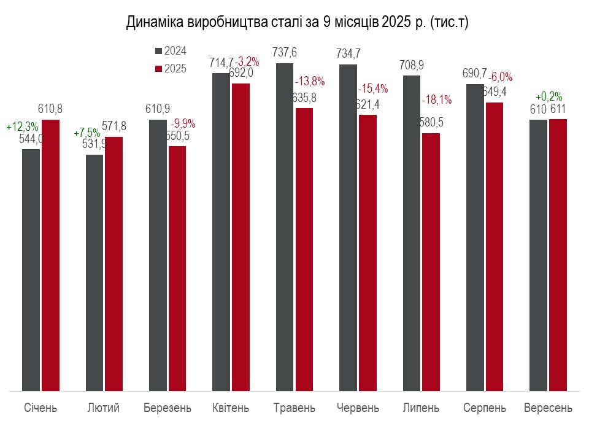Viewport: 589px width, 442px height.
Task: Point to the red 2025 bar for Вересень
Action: tap(558, 255)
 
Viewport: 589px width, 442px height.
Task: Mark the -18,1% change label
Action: tap(437, 99)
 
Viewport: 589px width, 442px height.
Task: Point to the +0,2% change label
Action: tap(549, 97)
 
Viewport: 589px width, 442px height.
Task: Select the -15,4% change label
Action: tap(373, 88)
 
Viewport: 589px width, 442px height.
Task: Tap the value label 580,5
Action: tap(431, 123)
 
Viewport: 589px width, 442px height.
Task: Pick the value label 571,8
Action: tap(115, 126)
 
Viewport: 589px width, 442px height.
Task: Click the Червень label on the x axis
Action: tap(358, 408)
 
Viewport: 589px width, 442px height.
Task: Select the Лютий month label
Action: tap(103, 408)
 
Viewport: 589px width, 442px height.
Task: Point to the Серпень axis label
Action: tap(485, 408)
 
